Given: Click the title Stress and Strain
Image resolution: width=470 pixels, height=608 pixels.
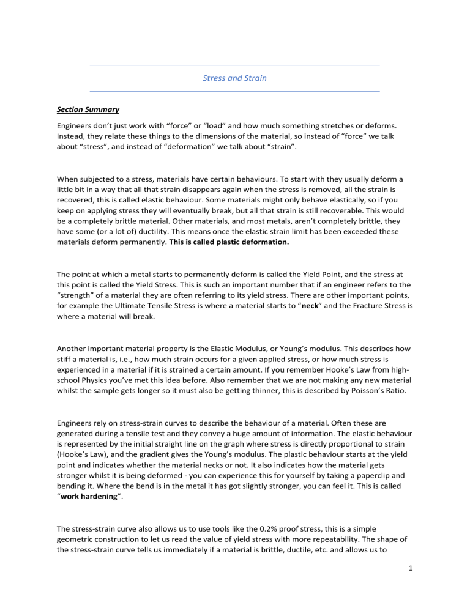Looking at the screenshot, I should pyautogui.click(x=234, y=78).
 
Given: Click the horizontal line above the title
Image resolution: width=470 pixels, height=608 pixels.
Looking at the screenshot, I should pyautogui.click(x=234, y=65).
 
